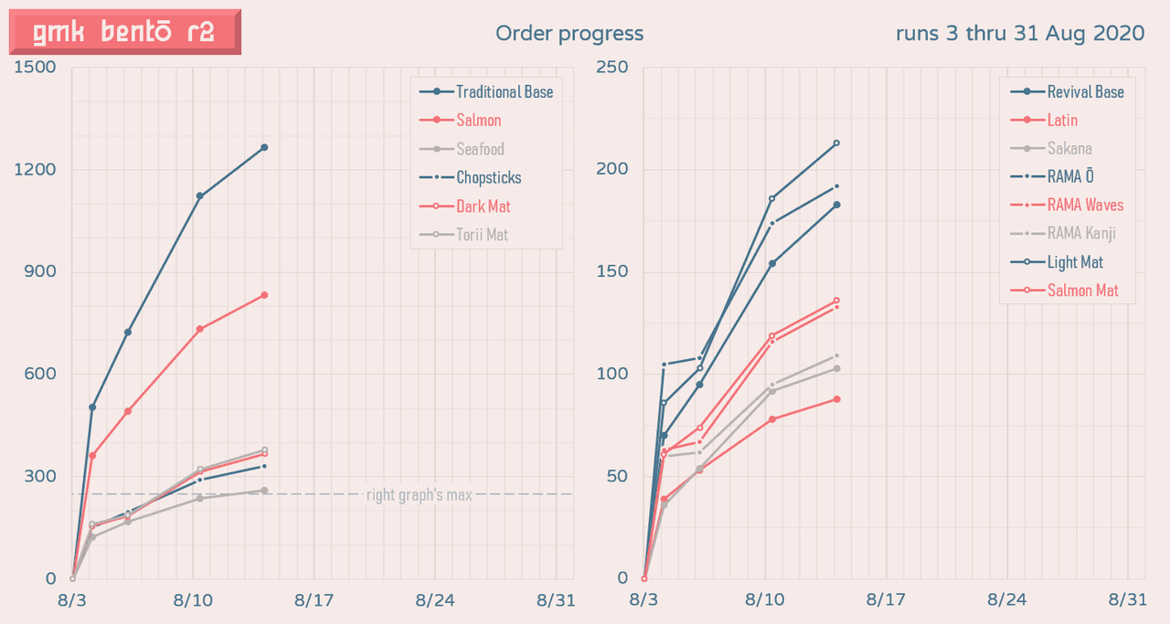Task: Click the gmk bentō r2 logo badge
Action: (x=124, y=33)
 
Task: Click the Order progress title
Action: (x=569, y=34)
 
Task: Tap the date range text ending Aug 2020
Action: (x=1020, y=34)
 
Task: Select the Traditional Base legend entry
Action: (x=504, y=91)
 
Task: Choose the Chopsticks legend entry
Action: (x=488, y=177)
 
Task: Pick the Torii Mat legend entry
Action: (x=482, y=235)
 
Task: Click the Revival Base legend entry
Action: (x=1084, y=91)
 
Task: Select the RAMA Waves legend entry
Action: (x=1085, y=205)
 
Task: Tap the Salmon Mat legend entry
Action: (x=1082, y=291)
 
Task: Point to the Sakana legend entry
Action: (x=1069, y=148)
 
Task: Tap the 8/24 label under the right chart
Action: (x=1006, y=599)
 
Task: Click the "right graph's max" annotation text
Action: (x=419, y=495)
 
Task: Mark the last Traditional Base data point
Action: (x=264, y=147)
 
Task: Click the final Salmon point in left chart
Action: (x=264, y=295)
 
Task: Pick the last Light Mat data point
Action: (x=836, y=143)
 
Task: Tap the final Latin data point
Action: (x=836, y=399)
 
